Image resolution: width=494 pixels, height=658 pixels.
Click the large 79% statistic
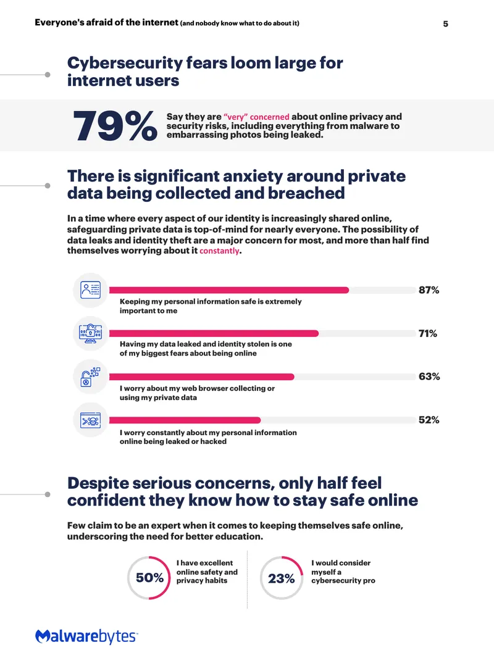coord(115,125)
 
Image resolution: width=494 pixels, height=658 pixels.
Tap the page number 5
coord(446,24)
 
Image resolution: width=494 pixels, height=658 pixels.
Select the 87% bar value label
coord(429,290)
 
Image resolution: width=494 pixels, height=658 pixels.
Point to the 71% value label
coord(428,333)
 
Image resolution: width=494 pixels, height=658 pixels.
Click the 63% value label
coord(429,377)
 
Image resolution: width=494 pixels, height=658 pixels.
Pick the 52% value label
coord(429,420)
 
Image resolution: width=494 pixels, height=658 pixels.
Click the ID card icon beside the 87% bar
coord(90,290)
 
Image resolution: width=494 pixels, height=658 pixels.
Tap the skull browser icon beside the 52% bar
coord(90,420)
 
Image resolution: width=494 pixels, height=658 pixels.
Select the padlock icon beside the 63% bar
coord(90,377)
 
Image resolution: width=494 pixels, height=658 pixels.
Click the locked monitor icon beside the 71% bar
coord(90,333)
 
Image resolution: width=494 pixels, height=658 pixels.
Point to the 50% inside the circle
coord(149,578)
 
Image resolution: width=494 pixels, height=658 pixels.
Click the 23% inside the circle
coord(281,579)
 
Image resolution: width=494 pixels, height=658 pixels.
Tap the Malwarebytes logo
coord(86,636)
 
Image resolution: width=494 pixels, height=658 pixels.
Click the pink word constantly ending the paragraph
coord(219,251)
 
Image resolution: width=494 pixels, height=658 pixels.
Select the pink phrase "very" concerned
coord(256,117)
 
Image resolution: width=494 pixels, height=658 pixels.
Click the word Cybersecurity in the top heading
coord(124,64)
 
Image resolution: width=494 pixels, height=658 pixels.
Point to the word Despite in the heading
coord(98,483)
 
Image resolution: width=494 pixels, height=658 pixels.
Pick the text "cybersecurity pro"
coord(343,581)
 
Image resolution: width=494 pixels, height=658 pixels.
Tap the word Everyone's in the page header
coord(59,22)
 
